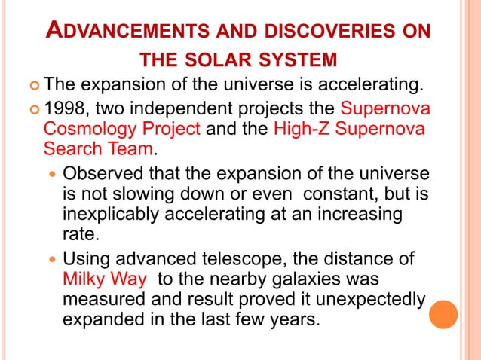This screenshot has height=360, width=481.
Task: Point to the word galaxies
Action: click(313, 279)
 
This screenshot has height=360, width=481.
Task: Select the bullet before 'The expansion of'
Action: click(32, 84)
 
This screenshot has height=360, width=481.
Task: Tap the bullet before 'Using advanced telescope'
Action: click(51, 261)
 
